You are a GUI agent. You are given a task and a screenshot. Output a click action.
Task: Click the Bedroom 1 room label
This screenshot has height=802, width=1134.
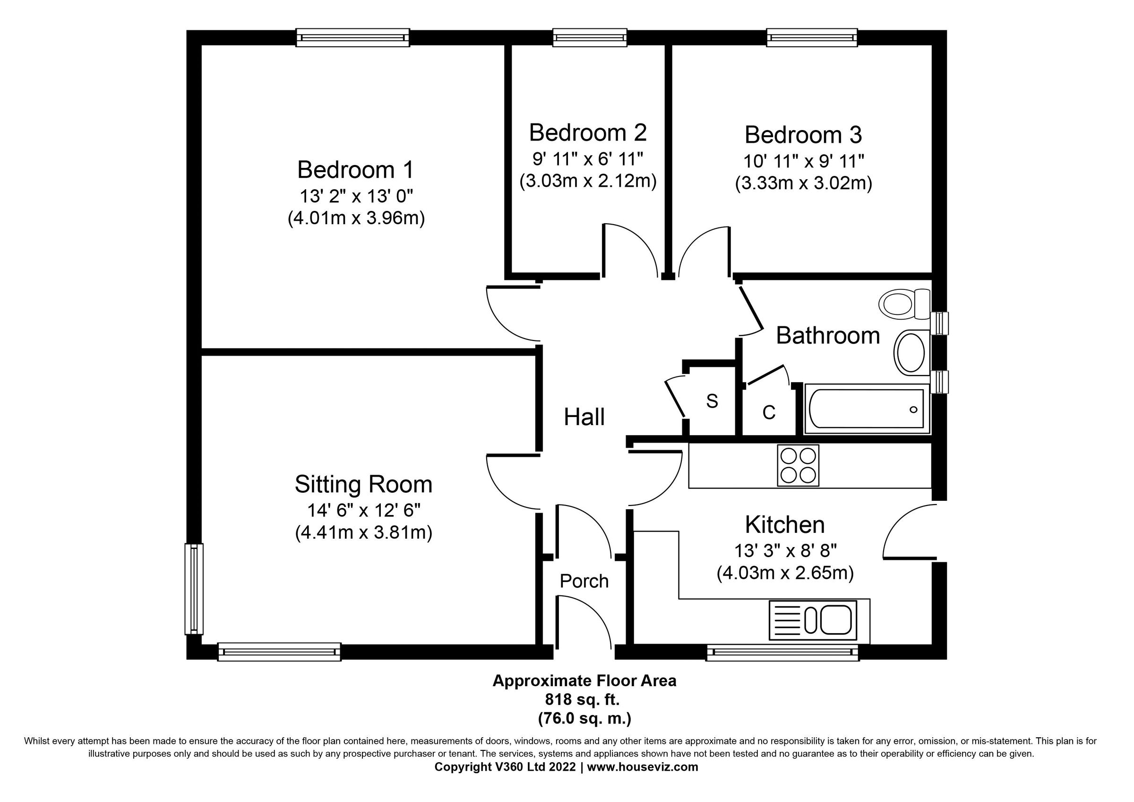356,170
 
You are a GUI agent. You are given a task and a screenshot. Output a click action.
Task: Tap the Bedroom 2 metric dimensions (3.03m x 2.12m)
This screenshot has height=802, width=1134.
588,182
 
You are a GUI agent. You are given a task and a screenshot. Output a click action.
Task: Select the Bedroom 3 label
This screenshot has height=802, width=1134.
803,135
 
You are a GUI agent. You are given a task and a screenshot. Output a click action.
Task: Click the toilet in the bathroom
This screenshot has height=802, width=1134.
906,304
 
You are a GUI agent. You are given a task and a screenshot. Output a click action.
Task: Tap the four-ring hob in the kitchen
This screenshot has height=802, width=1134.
798,465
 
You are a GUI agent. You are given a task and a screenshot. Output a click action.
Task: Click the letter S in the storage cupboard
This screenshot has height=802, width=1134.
712,401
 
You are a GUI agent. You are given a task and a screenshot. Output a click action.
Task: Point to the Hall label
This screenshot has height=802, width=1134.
584,417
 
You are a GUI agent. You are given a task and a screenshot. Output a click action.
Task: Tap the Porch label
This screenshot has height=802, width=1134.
584,581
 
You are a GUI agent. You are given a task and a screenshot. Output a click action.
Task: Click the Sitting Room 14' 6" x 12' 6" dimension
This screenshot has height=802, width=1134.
363,509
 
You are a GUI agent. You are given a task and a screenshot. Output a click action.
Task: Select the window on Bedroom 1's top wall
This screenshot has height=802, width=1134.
352,37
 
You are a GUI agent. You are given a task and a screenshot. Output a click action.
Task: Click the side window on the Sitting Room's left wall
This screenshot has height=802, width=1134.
194,589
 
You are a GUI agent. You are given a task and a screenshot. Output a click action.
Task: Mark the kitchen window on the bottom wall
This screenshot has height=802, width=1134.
782,652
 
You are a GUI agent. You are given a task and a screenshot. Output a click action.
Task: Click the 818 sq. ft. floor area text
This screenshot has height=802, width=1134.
584,699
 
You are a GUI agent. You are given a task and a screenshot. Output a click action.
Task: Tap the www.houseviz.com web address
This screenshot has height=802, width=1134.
643,767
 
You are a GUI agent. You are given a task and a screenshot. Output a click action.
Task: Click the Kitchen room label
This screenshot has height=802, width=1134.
784,525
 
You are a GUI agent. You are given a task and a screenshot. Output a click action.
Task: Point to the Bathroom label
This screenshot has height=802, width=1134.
828,336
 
